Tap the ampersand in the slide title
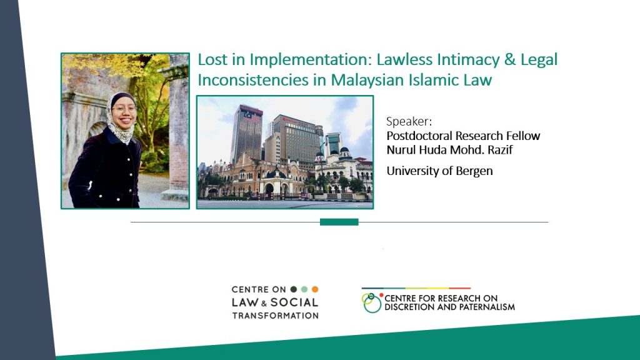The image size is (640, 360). [x=509, y=59]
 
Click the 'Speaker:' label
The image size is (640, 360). [x=409, y=121]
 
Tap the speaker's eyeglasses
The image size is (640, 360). [x=124, y=109]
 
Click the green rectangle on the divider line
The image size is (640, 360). [x=339, y=222]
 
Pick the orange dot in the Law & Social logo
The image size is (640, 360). [x=315, y=289]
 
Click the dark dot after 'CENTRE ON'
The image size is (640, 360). [x=294, y=289]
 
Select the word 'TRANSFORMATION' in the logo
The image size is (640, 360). [x=276, y=316]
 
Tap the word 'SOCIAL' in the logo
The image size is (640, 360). [x=294, y=302]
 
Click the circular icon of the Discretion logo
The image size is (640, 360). [x=372, y=303]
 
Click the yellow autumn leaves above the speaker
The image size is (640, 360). [x=106, y=65]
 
